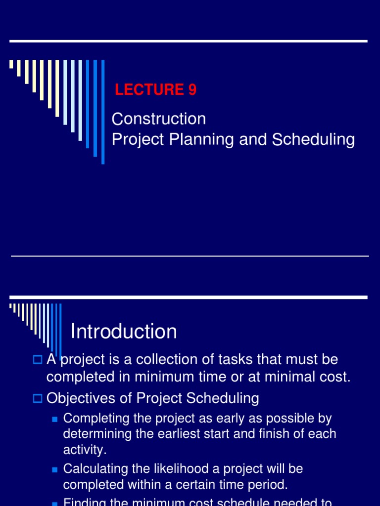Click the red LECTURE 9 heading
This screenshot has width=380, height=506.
click(x=155, y=89)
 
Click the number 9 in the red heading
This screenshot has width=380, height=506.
click(x=192, y=89)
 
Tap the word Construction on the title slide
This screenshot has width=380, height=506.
click(x=158, y=119)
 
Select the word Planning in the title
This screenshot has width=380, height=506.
click(x=202, y=140)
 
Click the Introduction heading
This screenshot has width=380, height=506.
click(x=124, y=331)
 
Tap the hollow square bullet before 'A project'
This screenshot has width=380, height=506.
click(x=38, y=360)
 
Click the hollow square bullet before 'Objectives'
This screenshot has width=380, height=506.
click(x=38, y=398)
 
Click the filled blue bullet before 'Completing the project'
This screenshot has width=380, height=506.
click(x=55, y=419)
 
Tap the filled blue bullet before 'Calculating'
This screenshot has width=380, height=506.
click(x=55, y=468)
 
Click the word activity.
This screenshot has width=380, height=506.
click(x=84, y=450)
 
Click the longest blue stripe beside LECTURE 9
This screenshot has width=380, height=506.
click(x=103, y=112)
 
